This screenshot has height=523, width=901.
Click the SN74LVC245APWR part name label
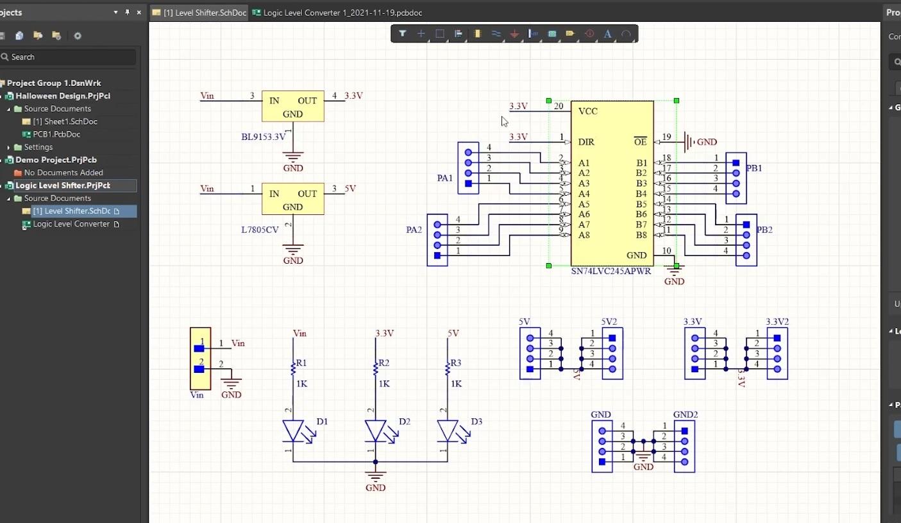(610, 271)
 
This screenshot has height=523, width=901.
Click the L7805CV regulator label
(260, 230)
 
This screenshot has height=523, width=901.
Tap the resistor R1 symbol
(293, 368)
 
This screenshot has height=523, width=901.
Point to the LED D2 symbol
(375, 431)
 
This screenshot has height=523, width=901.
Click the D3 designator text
(476, 422)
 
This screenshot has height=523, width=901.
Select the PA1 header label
(445, 178)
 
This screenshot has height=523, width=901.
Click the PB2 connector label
(764, 230)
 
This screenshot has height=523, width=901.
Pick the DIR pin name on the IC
(585, 142)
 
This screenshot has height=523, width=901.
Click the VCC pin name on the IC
(587, 111)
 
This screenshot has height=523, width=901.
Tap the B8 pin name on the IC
(641, 235)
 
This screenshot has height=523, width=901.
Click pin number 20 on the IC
(558, 106)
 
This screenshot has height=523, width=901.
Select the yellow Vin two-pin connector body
(200, 358)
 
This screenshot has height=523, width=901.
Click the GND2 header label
(685, 415)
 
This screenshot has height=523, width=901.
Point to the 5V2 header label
(609, 322)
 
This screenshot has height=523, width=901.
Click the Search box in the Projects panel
(71, 57)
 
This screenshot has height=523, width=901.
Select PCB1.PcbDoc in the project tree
(56, 134)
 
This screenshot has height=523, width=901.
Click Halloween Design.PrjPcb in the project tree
(63, 96)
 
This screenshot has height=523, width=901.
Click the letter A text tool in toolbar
(607, 33)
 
